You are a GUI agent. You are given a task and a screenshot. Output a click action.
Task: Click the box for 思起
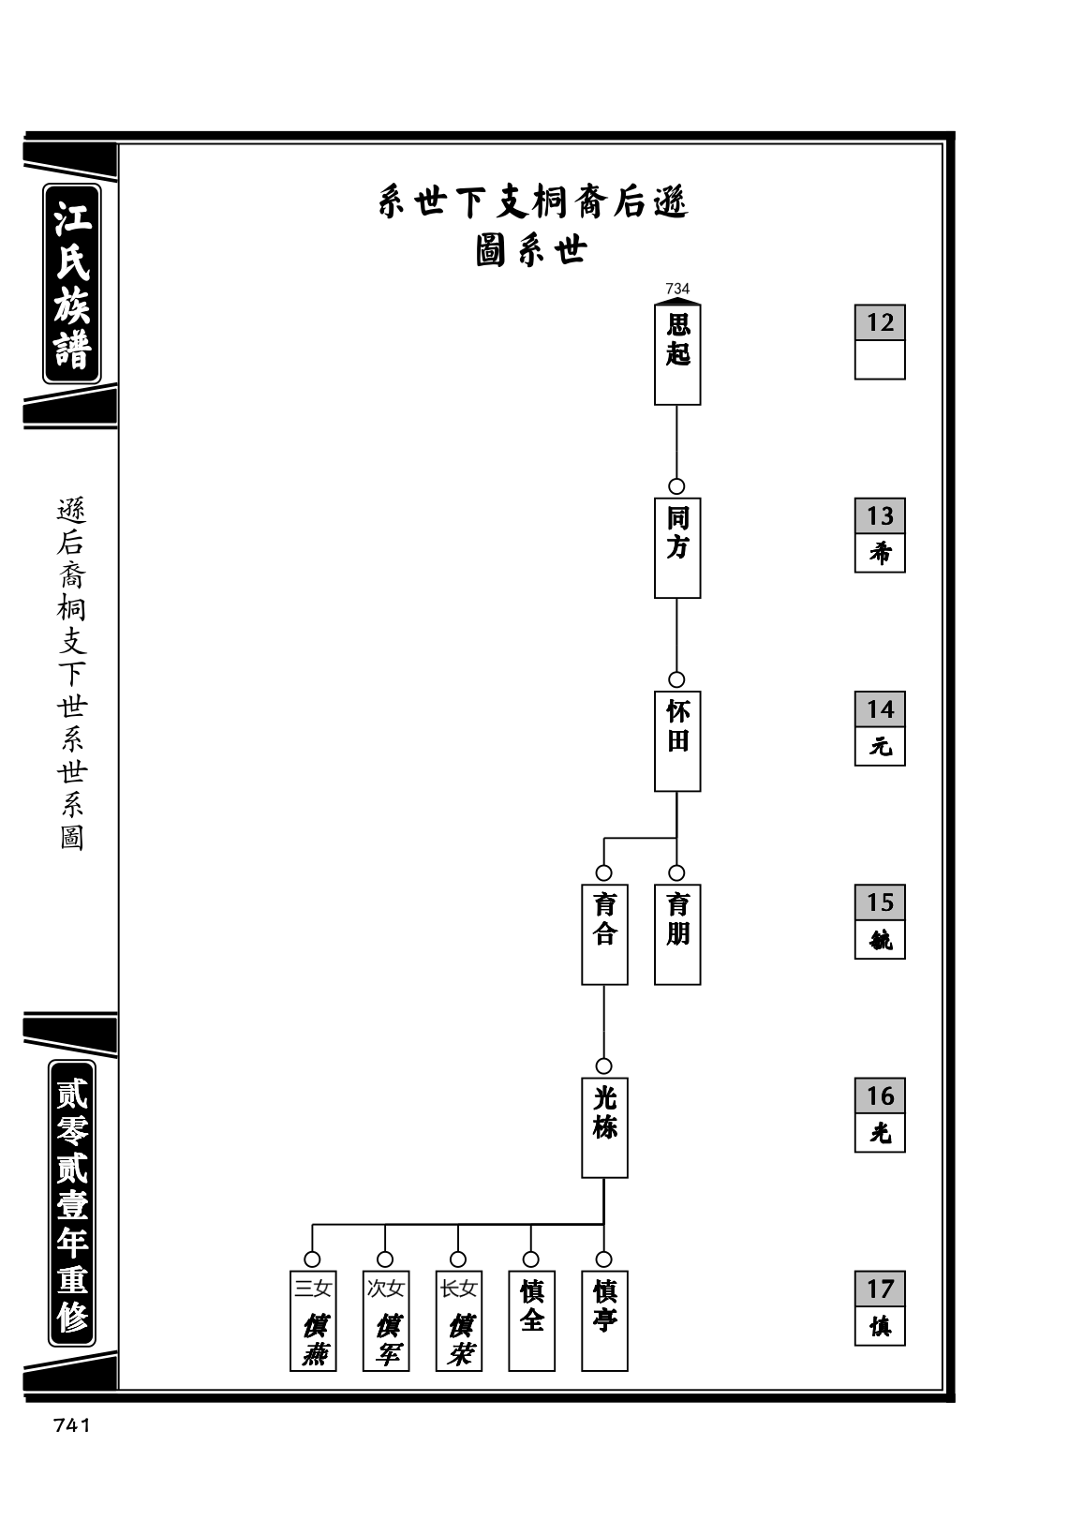(677, 354)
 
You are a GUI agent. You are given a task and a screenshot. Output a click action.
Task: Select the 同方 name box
(677, 547)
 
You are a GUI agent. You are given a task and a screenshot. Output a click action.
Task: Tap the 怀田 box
(677, 740)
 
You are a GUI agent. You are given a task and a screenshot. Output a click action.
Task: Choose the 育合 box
(604, 934)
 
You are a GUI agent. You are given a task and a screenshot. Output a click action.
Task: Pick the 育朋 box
(677, 934)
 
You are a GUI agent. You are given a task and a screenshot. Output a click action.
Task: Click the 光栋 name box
(604, 1127)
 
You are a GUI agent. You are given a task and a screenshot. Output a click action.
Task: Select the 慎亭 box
(604, 1320)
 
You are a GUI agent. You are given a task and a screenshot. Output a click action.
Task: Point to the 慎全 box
(532, 1320)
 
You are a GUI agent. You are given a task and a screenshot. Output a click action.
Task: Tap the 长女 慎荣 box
(459, 1320)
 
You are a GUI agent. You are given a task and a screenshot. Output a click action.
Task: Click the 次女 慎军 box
(386, 1320)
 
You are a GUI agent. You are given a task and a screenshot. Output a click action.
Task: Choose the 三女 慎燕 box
(313, 1320)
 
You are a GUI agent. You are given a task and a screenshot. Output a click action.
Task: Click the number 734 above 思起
(677, 289)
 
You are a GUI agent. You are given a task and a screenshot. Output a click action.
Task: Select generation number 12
(880, 322)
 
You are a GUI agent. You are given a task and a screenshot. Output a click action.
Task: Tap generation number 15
(880, 902)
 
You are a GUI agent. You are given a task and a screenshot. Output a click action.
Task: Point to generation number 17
(880, 1289)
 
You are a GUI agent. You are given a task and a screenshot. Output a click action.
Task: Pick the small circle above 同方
(676, 486)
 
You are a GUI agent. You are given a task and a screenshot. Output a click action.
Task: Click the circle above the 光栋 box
(603, 1066)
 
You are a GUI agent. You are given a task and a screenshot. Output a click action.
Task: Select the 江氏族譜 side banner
(72, 283)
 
